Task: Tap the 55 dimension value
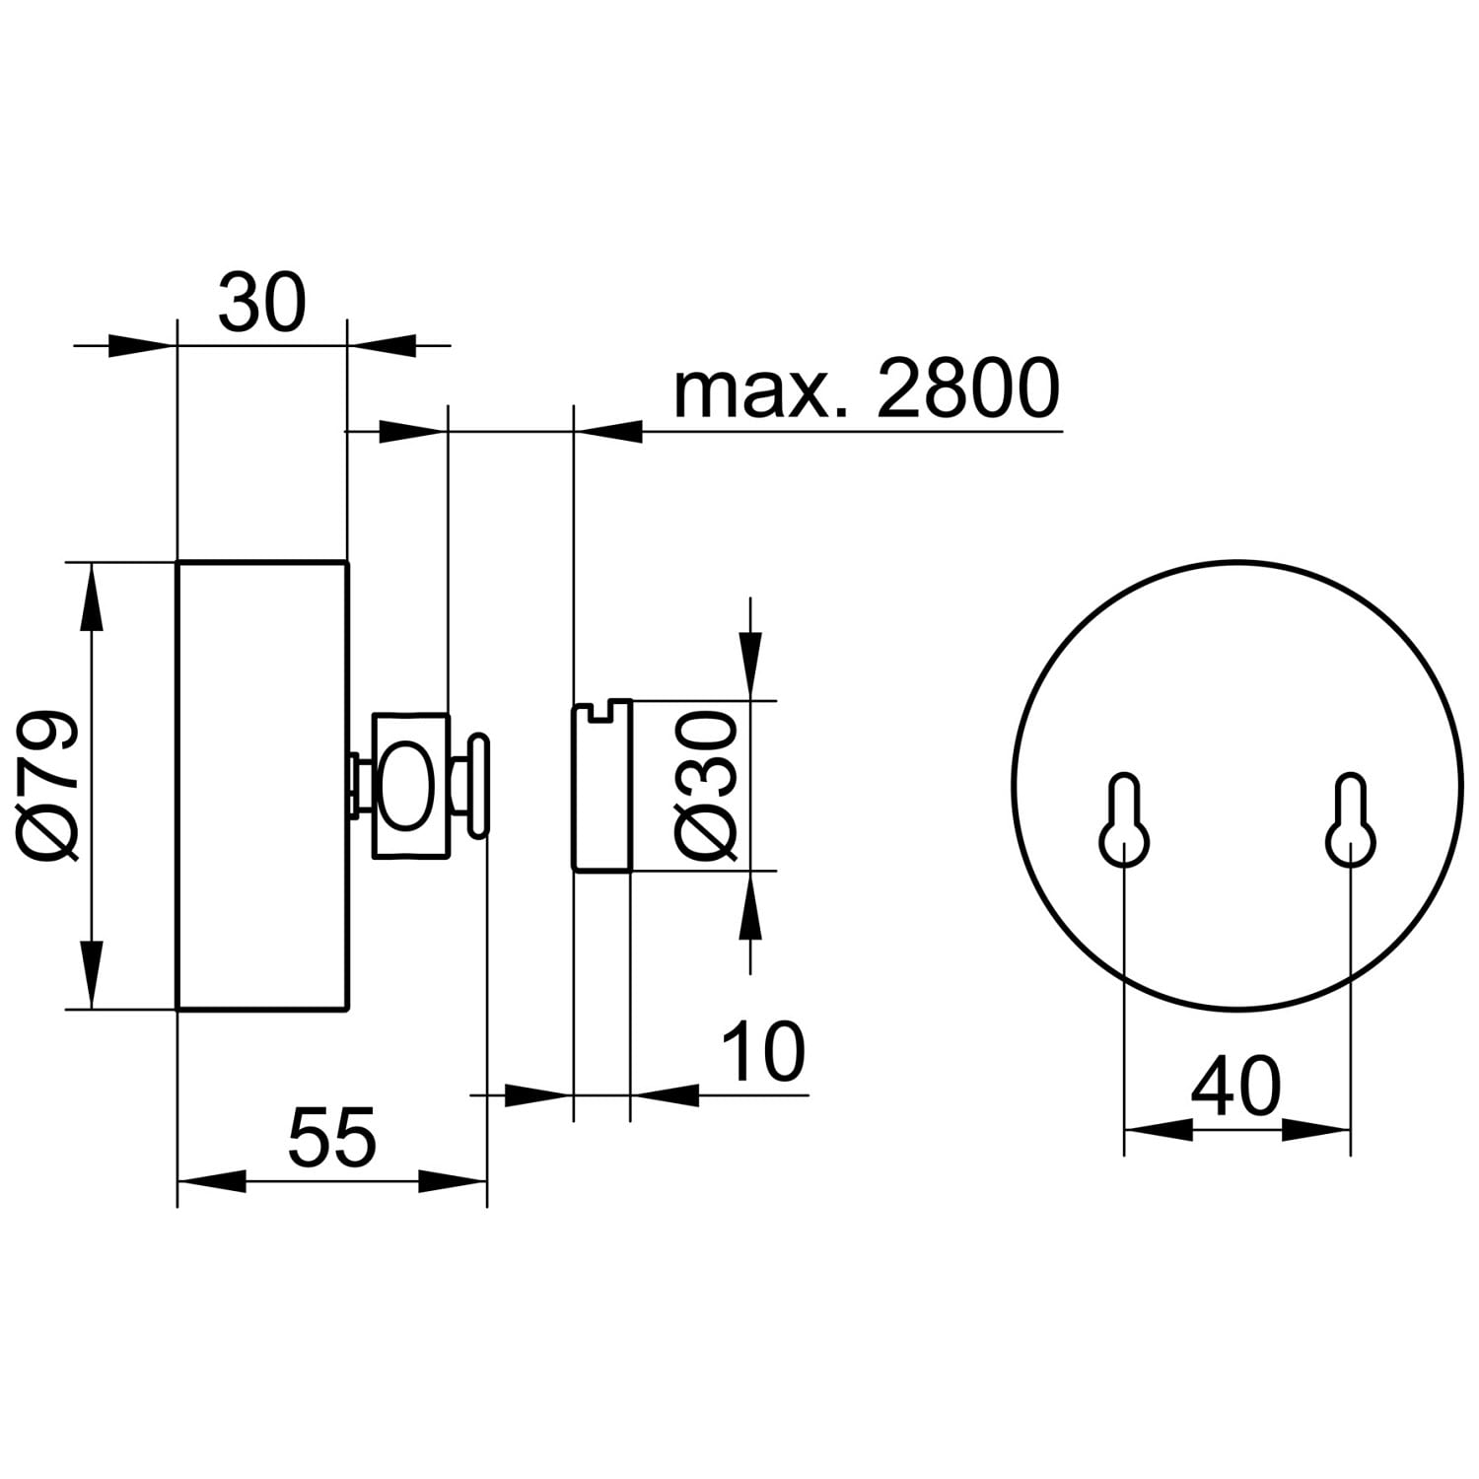332,1137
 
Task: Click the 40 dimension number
1235,1086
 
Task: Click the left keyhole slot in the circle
1125,820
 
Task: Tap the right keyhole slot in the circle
1350,820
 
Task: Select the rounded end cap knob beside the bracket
479,785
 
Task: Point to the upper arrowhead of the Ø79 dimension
92,597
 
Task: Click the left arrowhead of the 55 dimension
211,1180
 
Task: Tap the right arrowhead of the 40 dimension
1315,1130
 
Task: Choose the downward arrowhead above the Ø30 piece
750,666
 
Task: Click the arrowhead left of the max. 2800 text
608,431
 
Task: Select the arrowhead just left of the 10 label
665,1093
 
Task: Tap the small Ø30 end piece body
601,786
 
